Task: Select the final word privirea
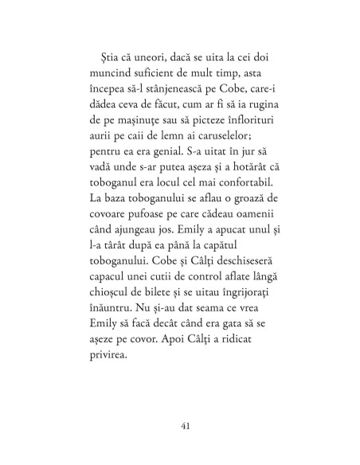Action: tap(100, 381)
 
